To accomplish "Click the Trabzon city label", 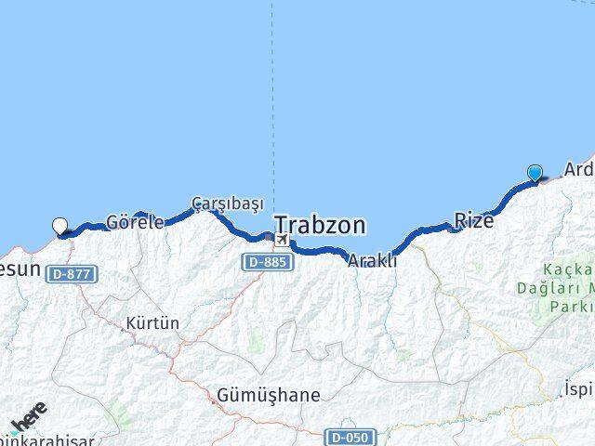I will (x=320, y=225).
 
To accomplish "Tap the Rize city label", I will (x=473, y=220).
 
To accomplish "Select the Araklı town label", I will (x=372, y=261).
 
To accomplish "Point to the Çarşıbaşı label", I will (x=229, y=203).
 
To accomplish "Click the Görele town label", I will (x=136, y=222).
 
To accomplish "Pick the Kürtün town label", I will (x=155, y=323).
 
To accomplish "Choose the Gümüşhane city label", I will (x=268, y=396).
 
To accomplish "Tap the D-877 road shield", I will (x=70, y=273).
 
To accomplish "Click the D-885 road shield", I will (x=269, y=263).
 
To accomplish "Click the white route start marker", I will (x=60, y=226).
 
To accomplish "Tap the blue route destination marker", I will (x=535, y=173).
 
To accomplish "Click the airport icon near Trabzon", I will (x=280, y=241).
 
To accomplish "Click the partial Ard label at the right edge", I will (x=578, y=170).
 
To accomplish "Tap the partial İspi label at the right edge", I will (x=578, y=388).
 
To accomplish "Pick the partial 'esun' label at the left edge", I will (x=20, y=269).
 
